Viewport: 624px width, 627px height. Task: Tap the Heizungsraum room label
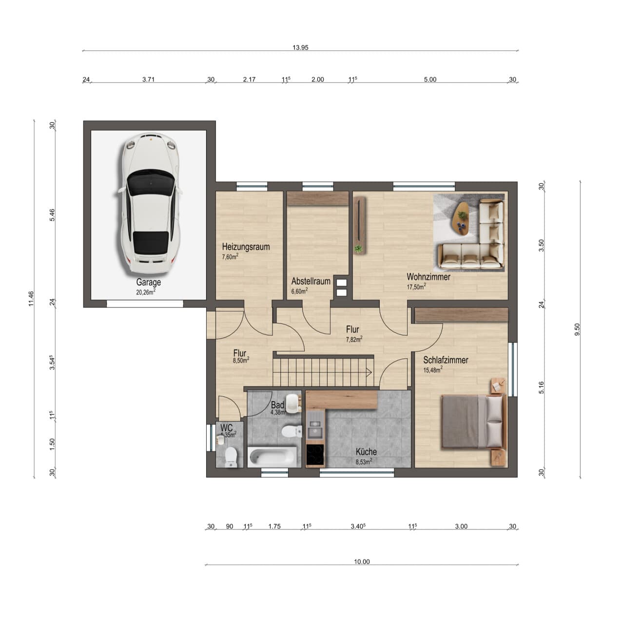[x=246, y=246]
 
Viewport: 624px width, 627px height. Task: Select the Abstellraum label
[x=311, y=281]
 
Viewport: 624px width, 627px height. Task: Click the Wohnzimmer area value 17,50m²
[x=416, y=287]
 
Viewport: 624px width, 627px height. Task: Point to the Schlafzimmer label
[x=446, y=360]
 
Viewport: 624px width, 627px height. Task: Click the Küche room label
[x=366, y=452]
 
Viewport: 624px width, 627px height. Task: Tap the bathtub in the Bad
[x=272, y=456]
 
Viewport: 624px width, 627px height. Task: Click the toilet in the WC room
[x=231, y=457]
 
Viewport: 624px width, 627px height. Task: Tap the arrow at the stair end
[x=369, y=372]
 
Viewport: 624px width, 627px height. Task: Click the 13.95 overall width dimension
[x=300, y=47]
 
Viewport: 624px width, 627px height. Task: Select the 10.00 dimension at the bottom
[x=362, y=562]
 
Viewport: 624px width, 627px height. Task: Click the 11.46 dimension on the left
[x=31, y=298]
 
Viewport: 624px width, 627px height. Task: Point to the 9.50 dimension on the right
[x=577, y=329]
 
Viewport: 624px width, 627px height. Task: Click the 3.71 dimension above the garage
[x=148, y=79]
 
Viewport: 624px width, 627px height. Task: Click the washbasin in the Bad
[x=293, y=403]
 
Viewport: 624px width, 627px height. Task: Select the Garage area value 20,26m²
[x=146, y=292]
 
